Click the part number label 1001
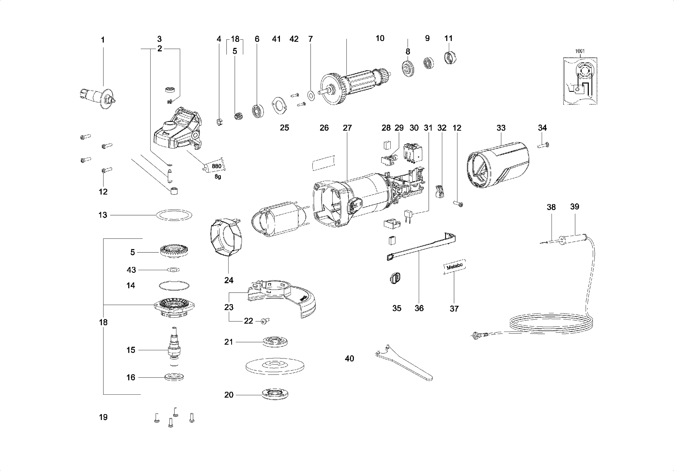coord(579,51)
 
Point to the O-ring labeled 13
coord(174,215)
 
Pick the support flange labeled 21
coord(275,342)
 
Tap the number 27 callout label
coord(347,128)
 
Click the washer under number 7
coord(311,95)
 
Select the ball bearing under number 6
coord(258,111)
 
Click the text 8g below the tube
coord(217,177)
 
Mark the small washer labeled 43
coord(173,270)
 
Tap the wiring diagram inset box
coord(580,81)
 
